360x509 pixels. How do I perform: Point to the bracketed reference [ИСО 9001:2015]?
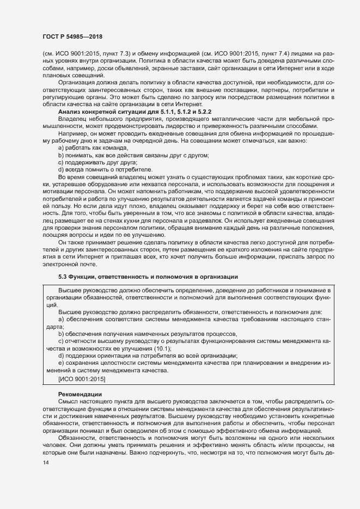(82, 378)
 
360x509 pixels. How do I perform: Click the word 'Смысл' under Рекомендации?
(69, 402)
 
